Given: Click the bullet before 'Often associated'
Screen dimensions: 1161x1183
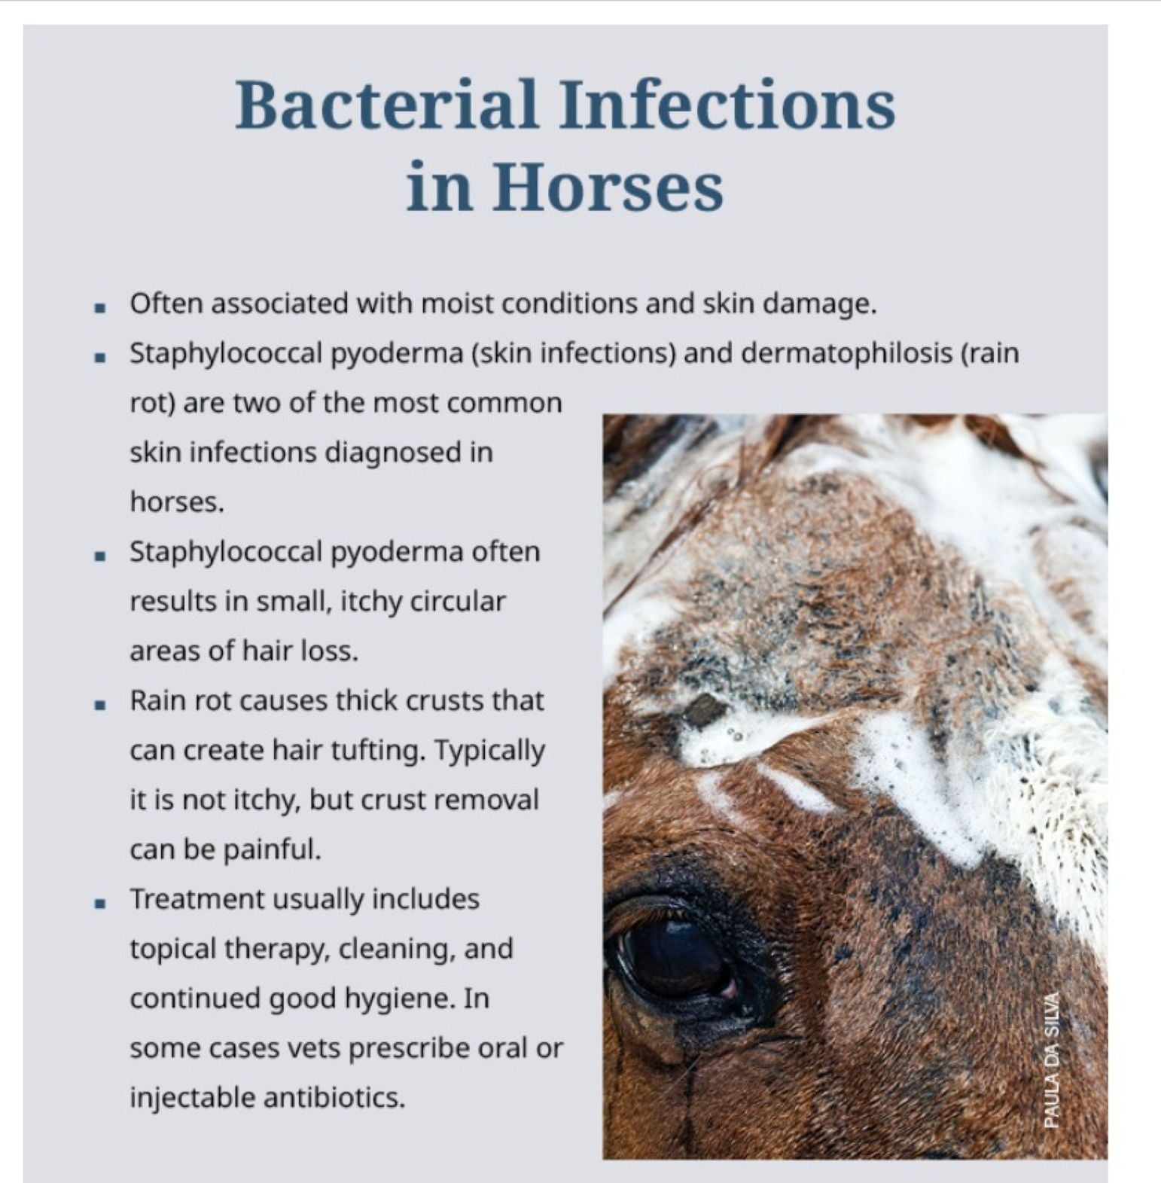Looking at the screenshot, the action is (99, 307).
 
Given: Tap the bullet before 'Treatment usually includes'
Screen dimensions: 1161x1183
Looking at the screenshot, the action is (99, 902).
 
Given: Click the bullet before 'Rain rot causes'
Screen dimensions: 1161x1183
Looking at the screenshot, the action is (99, 704).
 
